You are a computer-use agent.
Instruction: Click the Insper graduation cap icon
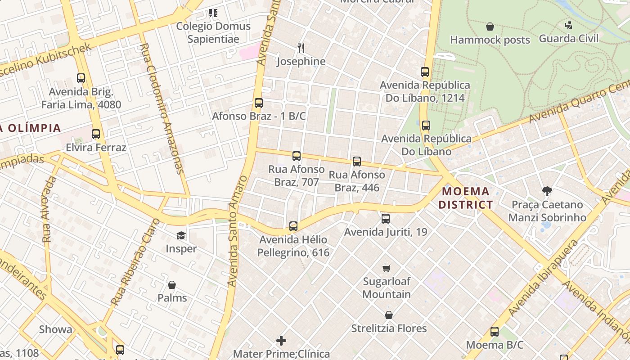pos(181,235)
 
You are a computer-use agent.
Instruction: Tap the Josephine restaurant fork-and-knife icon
pos(301,48)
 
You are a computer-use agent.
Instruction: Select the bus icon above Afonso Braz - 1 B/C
pos(258,103)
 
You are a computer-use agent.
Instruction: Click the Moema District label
pos(465,198)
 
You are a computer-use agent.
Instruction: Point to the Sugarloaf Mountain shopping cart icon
pos(386,268)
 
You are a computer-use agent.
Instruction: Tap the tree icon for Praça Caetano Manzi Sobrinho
pos(547,192)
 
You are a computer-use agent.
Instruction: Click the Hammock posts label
pos(490,40)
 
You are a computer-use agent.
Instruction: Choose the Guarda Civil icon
pos(569,25)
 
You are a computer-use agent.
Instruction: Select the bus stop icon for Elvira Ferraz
pos(95,134)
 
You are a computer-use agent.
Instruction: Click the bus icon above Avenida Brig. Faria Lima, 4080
pos(81,78)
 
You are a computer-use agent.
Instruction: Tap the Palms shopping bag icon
pos(171,285)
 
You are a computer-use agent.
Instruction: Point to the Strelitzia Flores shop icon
pos(388,315)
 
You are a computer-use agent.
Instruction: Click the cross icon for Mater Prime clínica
pos(281,341)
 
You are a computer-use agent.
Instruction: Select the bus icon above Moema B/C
pos(495,332)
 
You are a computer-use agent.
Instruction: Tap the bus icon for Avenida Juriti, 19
pos(386,219)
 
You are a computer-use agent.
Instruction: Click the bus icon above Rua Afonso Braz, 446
pos(357,161)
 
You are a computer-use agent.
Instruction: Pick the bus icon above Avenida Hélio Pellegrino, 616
pos(293,226)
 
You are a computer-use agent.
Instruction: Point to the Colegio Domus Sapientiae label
pos(213,32)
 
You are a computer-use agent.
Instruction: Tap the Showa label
pos(55,329)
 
